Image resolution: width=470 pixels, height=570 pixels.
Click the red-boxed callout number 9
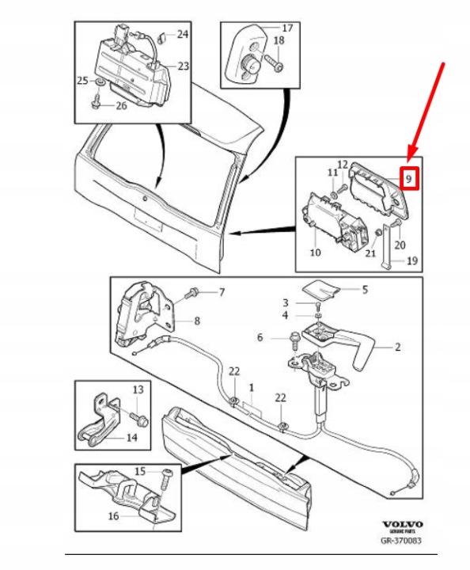click(x=409, y=179)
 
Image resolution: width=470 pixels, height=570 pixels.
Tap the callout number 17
click(x=287, y=28)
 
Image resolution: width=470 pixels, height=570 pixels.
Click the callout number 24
click(x=183, y=34)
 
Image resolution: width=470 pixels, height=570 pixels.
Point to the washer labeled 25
click(x=99, y=82)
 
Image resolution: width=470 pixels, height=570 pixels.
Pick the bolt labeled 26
click(x=97, y=102)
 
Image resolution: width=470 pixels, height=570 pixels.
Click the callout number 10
click(x=315, y=253)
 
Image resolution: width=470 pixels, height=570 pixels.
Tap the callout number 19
click(x=412, y=260)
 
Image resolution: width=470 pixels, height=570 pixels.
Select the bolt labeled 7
click(x=191, y=292)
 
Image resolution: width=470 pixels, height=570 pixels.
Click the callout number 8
click(x=197, y=321)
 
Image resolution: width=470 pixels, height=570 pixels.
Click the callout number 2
click(x=397, y=347)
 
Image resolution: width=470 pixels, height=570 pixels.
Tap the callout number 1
click(x=252, y=387)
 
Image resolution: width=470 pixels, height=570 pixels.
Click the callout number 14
click(x=131, y=437)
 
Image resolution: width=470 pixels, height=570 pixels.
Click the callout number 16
click(x=113, y=515)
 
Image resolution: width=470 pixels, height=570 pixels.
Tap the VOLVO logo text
click(x=403, y=524)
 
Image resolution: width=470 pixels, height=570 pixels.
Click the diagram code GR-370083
click(x=401, y=541)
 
